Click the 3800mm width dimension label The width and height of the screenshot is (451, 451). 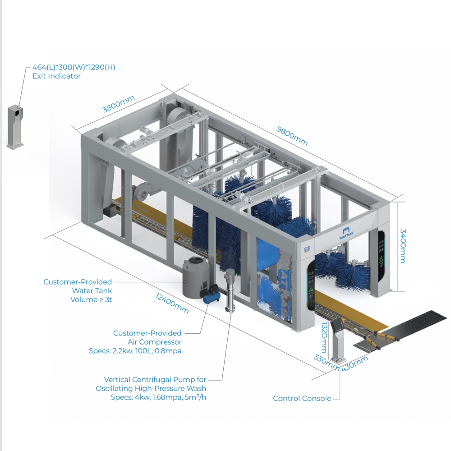click(119, 104)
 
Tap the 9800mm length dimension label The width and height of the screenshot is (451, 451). click(292, 136)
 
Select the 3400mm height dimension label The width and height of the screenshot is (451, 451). click(403, 246)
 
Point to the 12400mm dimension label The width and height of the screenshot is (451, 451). click(172, 303)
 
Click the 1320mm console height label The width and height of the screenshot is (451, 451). click(324, 338)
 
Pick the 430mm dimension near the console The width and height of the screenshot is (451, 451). click(355, 364)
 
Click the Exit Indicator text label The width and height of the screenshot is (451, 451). click(56, 76)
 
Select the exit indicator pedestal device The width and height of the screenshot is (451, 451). click(15, 127)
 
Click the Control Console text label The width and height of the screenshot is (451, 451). click(302, 398)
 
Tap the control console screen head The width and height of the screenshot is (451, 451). click(337, 325)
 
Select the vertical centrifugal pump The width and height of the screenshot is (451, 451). click(230, 290)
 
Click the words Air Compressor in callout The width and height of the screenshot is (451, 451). click(154, 342)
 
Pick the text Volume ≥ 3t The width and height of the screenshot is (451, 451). click(91, 300)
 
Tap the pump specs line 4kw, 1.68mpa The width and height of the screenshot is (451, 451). click(158, 397)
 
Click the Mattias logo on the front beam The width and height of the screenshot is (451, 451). click(346, 233)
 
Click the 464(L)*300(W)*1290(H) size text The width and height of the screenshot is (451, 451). click(74, 67)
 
